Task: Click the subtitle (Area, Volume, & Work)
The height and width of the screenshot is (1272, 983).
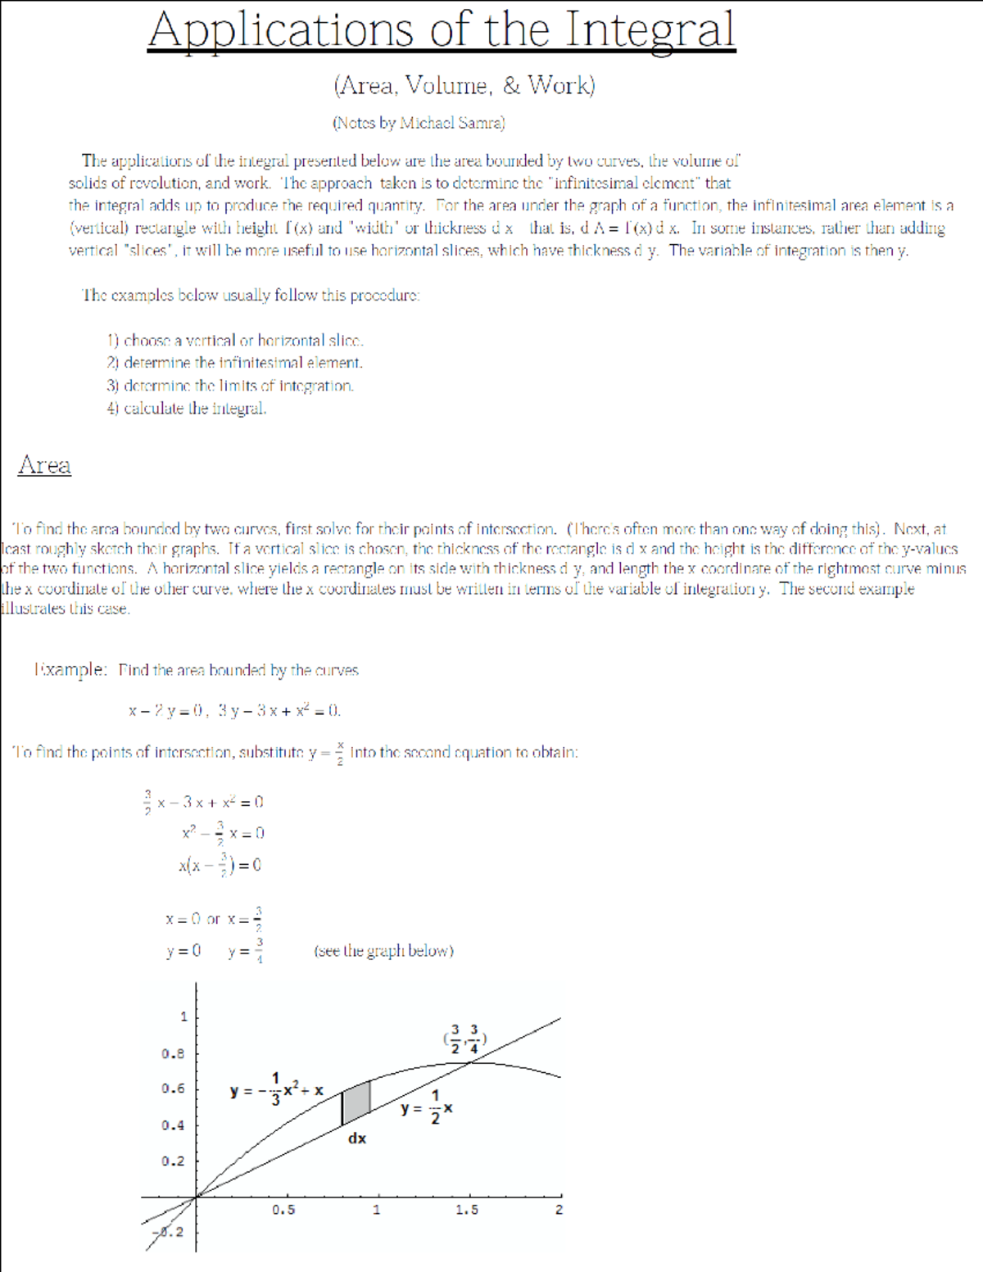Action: click(464, 84)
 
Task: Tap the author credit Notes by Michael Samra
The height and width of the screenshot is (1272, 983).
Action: click(418, 123)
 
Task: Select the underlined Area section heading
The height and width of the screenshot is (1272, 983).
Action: click(44, 464)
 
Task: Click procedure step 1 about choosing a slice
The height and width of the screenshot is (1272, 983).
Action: click(235, 340)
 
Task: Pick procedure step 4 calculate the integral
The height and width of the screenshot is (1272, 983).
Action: click(187, 408)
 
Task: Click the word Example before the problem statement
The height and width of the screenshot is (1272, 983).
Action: click(70, 669)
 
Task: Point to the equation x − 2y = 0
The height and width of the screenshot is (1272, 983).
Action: click(167, 710)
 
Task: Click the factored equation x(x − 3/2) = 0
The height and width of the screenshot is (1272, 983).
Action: click(220, 865)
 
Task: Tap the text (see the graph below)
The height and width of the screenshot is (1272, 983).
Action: click(383, 951)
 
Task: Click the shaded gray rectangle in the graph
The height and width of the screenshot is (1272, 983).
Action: click(356, 1102)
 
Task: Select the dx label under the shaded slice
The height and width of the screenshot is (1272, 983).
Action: click(357, 1138)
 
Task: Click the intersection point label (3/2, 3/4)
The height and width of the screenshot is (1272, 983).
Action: click(465, 1039)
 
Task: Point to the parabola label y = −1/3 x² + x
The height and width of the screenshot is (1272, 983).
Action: click(277, 1090)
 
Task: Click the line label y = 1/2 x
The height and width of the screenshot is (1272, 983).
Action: click(427, 1108)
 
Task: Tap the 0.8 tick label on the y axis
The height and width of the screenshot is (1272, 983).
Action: click(173, 1053)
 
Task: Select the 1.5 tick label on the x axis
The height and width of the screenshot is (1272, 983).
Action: click(467, 1210)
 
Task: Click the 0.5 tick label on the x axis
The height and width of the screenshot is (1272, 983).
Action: click(283, 1210)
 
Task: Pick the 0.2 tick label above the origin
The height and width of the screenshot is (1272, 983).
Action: click(173, 1161)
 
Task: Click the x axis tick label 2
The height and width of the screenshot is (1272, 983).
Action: click(559, 1210)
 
